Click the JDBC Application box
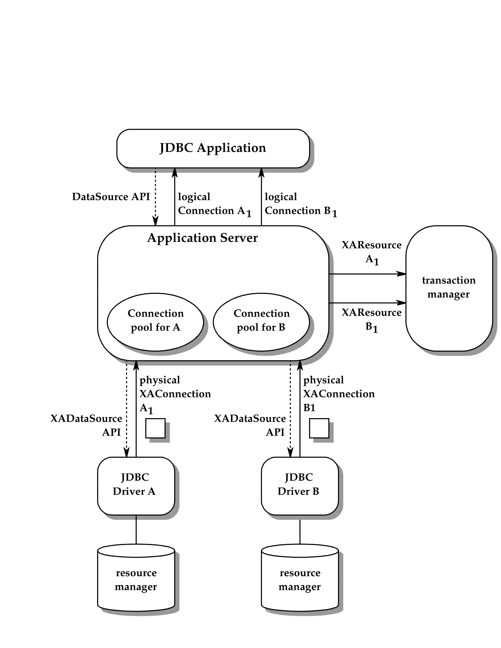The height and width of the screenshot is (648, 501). point(213,148)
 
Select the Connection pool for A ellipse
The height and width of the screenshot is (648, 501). point(155,322)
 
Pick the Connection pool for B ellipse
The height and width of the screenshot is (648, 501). point(261,322)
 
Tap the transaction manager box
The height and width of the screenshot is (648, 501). point(449,288)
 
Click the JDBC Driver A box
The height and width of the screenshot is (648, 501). point(136,486)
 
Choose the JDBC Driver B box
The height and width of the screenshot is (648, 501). point(299,486)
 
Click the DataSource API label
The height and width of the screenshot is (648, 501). point(111,197)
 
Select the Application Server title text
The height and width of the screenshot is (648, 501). point(202,238)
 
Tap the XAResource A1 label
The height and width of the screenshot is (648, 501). point(372,252)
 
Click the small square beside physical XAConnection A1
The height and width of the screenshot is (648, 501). point(155,428)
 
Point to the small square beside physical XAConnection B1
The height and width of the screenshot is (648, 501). point(319,428)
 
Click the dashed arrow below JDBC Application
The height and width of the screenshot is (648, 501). point(155,197)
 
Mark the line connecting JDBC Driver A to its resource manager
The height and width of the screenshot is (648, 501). point(136,530)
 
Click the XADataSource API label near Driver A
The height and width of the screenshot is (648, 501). point(87,425)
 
